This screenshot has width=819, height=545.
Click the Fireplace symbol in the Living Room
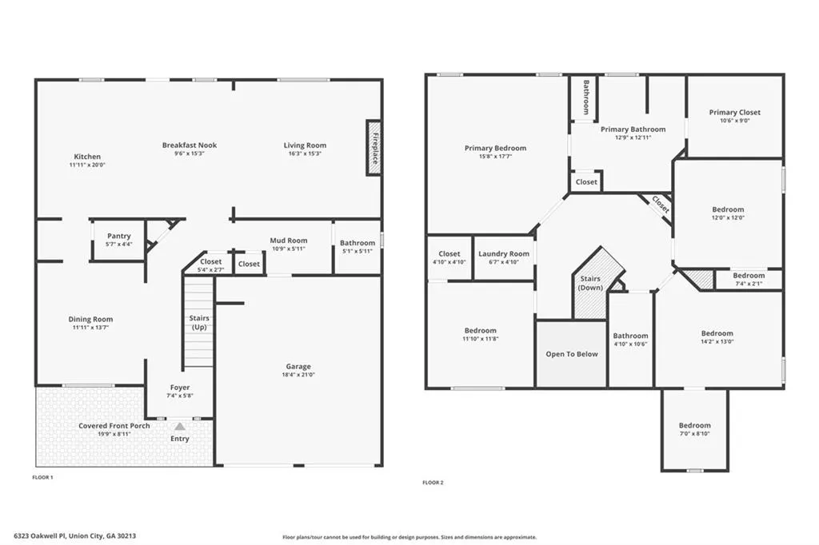(374, 148)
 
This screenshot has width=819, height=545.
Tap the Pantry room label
(119, 236)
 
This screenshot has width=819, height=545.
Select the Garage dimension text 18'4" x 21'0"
(298, 374)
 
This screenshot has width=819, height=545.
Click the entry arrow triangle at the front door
(180, 427)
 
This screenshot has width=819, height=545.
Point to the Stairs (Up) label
(199, 323)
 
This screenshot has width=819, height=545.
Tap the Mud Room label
(288, 240)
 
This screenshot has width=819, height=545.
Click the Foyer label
(180, 388)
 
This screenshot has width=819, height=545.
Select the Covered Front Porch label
(114, 425)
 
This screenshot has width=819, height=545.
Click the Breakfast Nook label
(189, 145)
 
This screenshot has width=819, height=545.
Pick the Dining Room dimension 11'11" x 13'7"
(90, 328)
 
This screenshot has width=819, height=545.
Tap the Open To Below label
(571, 354)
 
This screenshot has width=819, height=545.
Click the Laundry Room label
(504, 253)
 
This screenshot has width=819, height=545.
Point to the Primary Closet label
(734, 112)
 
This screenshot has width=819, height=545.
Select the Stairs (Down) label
(590, 283)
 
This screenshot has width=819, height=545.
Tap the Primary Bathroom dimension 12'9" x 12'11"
(633, 137)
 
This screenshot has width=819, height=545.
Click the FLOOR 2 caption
(433, 483)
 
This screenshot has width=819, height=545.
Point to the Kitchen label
(87, 156)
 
